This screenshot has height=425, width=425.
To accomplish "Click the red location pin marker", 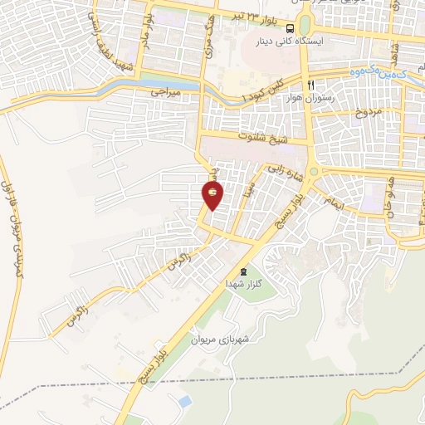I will click(213, 194).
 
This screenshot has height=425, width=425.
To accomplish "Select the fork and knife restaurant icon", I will click(310, 85).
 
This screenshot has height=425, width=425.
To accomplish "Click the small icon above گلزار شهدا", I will click(243, 271).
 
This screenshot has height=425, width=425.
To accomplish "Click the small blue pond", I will click(184, 402).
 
